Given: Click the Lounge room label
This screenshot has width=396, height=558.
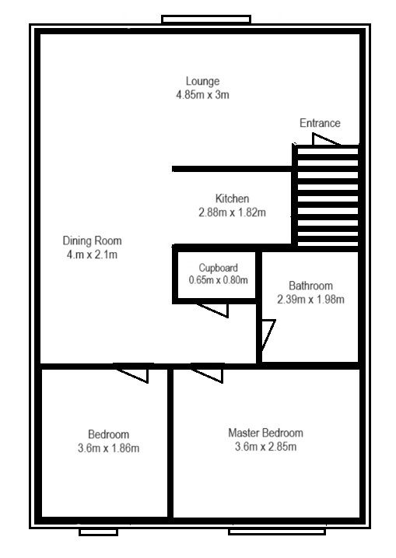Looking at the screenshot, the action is click(x=202, y=82).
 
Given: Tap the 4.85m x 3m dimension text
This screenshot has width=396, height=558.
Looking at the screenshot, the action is click(x=202, y=95).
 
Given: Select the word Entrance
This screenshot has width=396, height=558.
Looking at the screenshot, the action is click(x=320, y=123).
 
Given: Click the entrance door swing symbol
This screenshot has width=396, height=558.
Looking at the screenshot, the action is click(x=325, y=139).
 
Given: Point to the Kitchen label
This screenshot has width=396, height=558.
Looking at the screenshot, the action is click(x=232, y=198).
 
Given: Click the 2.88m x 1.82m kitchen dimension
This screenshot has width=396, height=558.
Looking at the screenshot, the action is click(x=232, y=212).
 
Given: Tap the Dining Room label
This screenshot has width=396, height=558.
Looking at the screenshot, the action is click(x=92, y=241).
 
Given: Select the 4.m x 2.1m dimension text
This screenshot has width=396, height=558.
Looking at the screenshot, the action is click(x=92, y=254).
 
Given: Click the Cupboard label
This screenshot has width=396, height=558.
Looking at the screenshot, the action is click(x=218, y=268).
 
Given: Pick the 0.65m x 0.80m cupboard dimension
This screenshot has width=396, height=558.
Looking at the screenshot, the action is click(x=218, y=280).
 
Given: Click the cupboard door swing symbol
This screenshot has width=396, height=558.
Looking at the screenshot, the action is click(x=212, y=310).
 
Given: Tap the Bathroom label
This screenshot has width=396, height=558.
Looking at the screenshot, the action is click(x=310, y=286).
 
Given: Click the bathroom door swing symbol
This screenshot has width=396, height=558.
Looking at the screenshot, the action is click(x=268, y=335).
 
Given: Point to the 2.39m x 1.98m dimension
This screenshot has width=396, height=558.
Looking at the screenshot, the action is click(x=310, y=300).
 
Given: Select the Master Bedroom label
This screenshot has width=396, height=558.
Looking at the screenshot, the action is click(x=266, y=433).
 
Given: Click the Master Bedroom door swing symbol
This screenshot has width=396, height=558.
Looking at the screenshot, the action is click(x=208, y=374).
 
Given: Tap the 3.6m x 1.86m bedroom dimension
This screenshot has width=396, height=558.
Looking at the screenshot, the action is click(x=108, y=448).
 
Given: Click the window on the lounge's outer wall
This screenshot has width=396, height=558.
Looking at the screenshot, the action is click(x=206, y=19).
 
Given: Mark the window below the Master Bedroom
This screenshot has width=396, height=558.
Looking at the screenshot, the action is click(x=277, y=532).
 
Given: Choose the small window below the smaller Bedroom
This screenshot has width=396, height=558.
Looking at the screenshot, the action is click(x=98, y=532).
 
